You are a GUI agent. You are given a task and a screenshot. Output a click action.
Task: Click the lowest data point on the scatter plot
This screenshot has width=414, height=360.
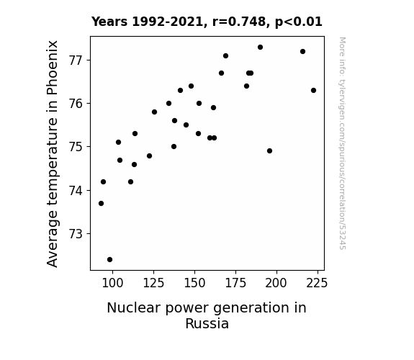(110, 260)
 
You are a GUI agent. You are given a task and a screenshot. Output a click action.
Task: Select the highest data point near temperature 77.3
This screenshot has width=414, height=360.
(261, 48)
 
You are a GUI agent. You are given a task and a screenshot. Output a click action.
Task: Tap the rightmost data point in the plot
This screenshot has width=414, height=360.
(314, 90)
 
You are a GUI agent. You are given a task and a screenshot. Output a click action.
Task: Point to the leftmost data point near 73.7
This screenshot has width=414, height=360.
(101, 203)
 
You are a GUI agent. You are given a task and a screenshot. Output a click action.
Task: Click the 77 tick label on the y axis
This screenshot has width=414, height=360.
(76, 60)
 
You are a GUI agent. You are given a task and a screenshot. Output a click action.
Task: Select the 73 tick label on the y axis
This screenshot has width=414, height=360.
(76, 234)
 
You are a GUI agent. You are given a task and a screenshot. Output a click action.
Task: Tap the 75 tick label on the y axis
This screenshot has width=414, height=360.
(76, 147)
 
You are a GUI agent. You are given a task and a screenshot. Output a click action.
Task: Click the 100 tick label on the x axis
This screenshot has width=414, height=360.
(112, 283)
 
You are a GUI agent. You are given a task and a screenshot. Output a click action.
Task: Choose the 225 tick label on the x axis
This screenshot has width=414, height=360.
(317, 283)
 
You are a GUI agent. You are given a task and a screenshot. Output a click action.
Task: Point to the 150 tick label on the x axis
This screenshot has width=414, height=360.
(194, 283)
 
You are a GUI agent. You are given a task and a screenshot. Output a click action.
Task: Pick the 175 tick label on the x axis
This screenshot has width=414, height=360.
(235, 283)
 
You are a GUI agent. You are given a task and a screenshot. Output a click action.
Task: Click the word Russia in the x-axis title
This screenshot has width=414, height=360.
(207, 323)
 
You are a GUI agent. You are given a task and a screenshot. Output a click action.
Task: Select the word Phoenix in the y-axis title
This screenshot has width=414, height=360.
(53, 68)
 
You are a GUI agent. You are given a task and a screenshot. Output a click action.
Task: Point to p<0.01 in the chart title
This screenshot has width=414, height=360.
(299, 22)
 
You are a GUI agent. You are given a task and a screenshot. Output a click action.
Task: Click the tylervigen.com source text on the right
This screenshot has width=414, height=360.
(342, 143)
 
